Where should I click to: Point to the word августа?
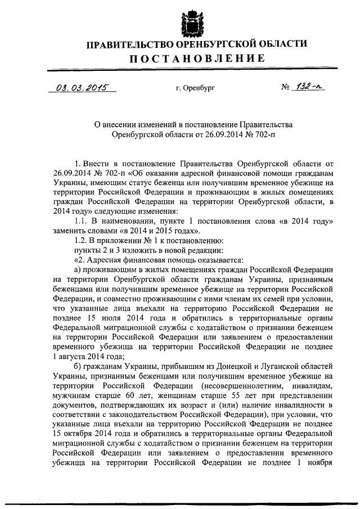pyautogui.click(x=75, y=357)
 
